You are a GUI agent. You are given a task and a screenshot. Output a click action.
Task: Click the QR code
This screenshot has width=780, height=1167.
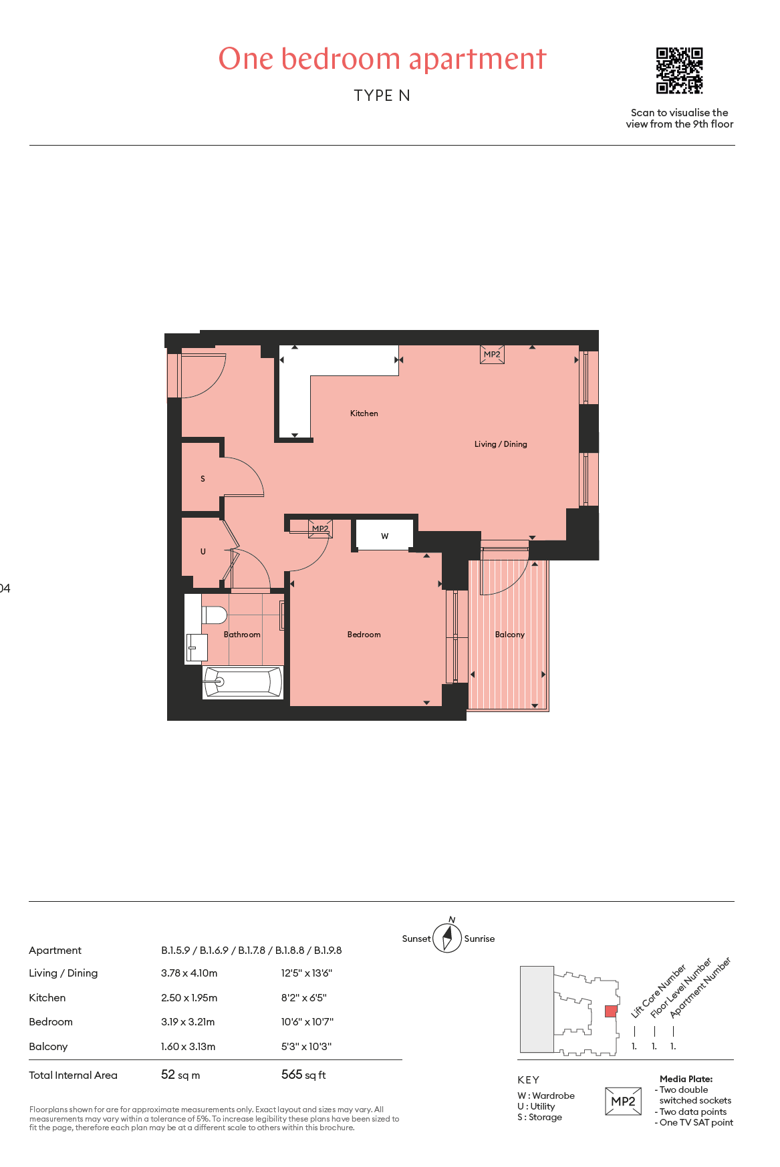[679, 70]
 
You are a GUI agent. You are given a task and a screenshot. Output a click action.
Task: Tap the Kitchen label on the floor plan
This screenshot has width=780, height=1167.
[364, 413]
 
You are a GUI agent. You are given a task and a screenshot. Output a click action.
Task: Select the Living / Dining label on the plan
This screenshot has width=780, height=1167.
[501, 444]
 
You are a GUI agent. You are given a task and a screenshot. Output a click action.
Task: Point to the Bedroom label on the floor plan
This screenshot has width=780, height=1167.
[364, 635]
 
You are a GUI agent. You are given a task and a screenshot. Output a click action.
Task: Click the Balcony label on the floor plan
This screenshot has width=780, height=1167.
[510, 635]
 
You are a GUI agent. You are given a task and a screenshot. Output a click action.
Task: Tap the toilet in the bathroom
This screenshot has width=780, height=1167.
[214, 615]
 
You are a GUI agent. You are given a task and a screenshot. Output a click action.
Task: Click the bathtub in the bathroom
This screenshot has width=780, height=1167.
[243, 682]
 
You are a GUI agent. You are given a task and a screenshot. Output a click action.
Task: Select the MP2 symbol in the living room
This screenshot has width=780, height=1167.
[492, 354]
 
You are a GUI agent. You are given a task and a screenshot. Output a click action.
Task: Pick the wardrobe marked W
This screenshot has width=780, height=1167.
[384, 535]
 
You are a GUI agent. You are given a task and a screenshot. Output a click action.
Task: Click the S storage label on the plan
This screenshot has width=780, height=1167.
[203, 479]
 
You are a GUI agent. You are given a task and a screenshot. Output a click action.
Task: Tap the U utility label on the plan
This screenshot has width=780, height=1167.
[203, 552]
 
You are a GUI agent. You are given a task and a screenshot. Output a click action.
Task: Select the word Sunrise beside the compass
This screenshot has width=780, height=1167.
[480, 939]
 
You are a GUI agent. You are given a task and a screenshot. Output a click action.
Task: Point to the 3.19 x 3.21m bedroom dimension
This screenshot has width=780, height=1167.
[188, 1022]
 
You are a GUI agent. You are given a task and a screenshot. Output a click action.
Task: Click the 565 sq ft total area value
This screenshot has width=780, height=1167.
[303, 1075]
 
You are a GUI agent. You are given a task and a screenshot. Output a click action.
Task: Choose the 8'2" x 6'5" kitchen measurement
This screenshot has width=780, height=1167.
[304, 998]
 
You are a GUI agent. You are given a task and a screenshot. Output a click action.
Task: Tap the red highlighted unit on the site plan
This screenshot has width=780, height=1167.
[611, 1011]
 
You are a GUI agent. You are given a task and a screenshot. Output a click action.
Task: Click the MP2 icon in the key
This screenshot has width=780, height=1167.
[623, 1102]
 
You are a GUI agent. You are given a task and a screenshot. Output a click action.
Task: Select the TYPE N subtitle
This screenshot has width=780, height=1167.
[382, 96]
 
